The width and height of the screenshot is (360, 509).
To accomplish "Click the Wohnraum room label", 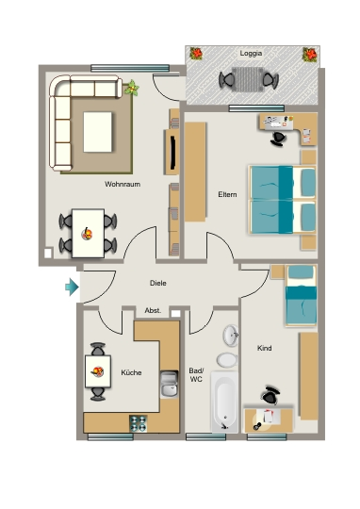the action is point(123,185).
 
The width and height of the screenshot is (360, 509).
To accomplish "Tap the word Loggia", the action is point(251,54).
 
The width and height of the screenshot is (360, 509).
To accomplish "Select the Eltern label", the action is point(227,194).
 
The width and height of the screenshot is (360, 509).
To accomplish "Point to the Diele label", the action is point(158,283).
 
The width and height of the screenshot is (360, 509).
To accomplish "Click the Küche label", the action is point(131,372).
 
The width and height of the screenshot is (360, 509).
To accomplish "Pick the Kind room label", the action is point(264,349).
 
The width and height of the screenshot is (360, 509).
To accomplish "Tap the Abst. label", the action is point(153,311).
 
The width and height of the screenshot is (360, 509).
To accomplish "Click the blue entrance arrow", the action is point(72,287).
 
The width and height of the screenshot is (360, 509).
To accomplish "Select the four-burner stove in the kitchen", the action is point(138,423).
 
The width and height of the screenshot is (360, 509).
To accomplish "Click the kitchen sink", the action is point(169,385).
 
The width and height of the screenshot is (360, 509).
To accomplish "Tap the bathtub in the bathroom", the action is point(224,402).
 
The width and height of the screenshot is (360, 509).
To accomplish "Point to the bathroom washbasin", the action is point(231,335).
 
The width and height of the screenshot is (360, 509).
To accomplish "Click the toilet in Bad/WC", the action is point(227,360).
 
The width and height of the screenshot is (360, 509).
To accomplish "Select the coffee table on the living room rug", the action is point(98,132).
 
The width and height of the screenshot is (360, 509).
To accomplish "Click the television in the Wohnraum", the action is point(173,153).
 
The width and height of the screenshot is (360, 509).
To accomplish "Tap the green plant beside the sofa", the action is point(132,88).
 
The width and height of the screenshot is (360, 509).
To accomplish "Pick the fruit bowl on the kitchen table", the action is point(97,371).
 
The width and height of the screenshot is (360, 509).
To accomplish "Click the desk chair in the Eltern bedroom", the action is point(278,139).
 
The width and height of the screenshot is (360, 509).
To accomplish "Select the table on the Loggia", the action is point(248,79).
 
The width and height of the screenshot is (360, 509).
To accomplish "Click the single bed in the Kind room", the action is point(301,295).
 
